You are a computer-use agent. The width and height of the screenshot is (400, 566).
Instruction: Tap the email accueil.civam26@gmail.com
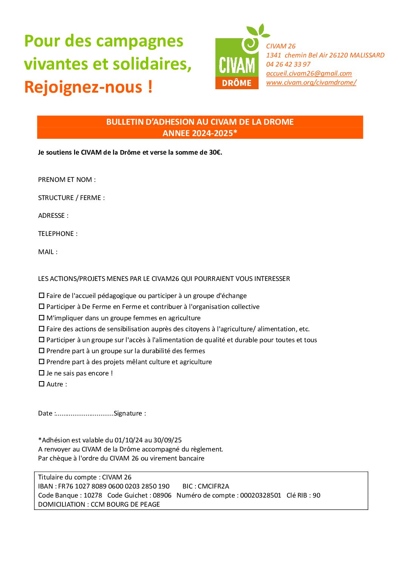click(x=309, y=73)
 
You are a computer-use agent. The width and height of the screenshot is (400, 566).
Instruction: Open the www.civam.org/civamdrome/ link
click(x=311, y=82)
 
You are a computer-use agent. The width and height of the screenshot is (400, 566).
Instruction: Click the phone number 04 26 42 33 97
click(x=288, y=64)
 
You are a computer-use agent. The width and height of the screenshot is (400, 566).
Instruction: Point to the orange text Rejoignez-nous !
click(x=88, y=87)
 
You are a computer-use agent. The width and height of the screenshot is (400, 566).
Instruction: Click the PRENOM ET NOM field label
click(x=67, y=180)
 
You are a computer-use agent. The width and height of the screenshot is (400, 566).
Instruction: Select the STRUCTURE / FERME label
click(x=71, y=198)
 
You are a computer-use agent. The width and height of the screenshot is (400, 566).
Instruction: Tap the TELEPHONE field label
click(x=57, y=234)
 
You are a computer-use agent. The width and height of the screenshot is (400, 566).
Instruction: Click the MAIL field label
click(x=48, y=252)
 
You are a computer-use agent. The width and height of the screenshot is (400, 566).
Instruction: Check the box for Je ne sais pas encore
click(x=42, y=373)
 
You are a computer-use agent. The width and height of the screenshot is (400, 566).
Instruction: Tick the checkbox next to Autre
click(x=42, y=384)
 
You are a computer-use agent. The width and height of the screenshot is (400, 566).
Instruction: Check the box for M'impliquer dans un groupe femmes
click(x=42, y=318)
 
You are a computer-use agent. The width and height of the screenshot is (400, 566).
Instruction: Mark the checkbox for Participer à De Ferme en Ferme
click(x=42, y=307)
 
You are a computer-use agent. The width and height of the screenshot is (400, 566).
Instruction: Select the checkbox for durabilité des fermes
click(x=42, y=351)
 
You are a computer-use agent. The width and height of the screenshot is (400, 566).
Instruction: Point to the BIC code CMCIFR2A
click(x=213, y=486)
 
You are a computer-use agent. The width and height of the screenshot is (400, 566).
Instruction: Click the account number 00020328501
click(x=260, y=495)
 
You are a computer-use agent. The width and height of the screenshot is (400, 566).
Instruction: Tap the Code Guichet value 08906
click(x=162, y=495)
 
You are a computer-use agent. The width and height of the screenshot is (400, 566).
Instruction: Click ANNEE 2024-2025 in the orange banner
click(x=200, y=133)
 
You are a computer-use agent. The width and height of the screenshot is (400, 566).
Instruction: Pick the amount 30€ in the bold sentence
click(x=215, y=152)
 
